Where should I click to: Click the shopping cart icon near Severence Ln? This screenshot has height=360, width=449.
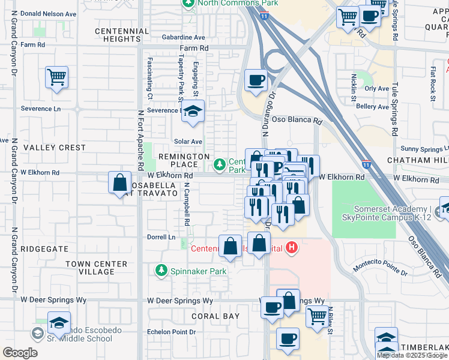pyautogui.click(x=56, y=77)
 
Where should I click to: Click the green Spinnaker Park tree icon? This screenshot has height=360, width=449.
pyautogui.click(x=161, y=271)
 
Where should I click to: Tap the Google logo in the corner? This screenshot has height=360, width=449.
pyautogui.click(x=20, y=353)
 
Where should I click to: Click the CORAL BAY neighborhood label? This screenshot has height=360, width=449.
pyautogui.click(x=215, y=316)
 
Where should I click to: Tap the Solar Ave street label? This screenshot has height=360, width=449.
pyautogui.click(x=188, y=142)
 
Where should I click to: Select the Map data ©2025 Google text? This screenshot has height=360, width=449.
pyautogui.click(x=412, y=355)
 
